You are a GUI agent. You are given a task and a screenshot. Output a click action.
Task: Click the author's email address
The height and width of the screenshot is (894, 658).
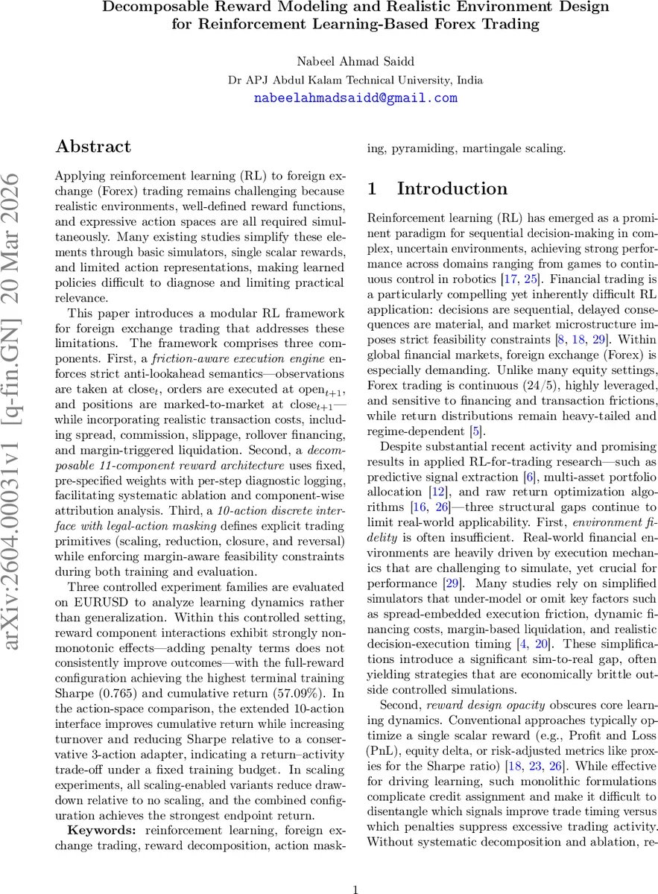click(x=355, y=98)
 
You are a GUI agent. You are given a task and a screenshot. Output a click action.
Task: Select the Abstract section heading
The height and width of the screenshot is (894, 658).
click(x=93, y=146)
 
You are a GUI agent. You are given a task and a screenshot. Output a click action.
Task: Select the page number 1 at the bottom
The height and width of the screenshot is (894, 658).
click(x=355, y=869)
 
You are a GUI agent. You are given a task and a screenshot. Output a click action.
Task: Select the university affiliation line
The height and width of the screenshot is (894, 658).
click(x=355, y=80)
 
